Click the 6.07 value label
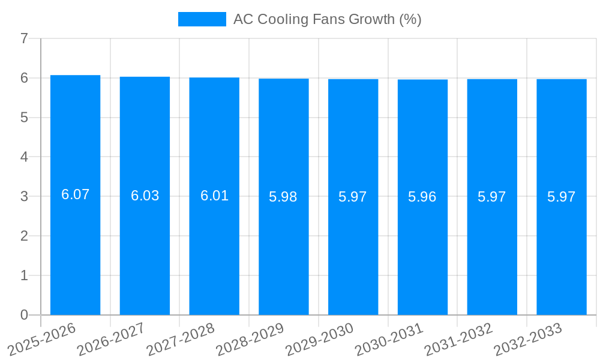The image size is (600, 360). pyautogui.click(x=75, y=194)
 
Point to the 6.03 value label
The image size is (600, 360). pyautogui.click(x=145, y=196)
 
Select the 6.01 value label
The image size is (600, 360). pyautogui.click(x=214, y=196)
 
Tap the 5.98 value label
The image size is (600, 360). pyautogui.click(x=283, y=197)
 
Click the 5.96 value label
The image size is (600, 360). pyautogui.click(x=422, y=197)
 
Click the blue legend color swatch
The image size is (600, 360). pyautogui.click(x=202, y=19)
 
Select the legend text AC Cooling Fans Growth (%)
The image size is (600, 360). pyautogui.click(x=327, y=19)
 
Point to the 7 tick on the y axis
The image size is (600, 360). pyautogui.click(x=24, y=38)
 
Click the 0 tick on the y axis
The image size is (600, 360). pyautogui.click(x=24, y=315)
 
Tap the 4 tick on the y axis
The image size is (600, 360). pyautogui.click(x=24, y=157)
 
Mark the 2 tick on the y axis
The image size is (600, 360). pyautogui.click(x=24, y=236)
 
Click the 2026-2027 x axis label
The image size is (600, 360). pyautogui.click(x=112, y=339)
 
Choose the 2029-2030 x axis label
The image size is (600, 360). pyautogui.click(x=320, y=339)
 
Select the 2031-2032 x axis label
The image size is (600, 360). pyautogui.click(x=458, y=339)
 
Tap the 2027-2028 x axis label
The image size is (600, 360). pyautogui.click(x=181, y=339)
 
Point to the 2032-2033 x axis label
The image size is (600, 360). pyautogui.click(x=528, y=339)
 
